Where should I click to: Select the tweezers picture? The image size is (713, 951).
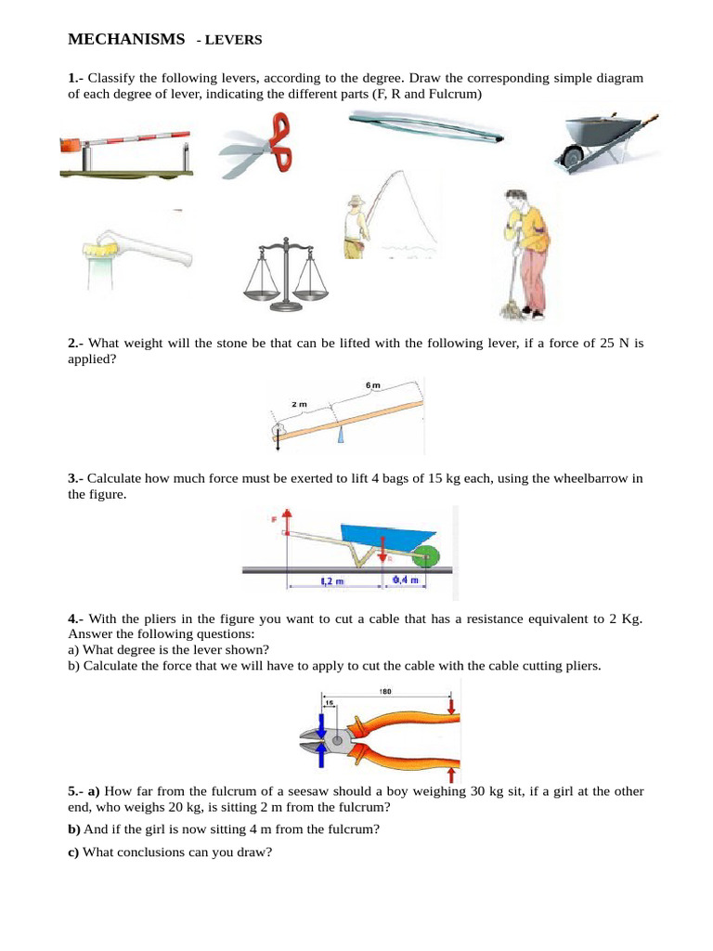(426, 128)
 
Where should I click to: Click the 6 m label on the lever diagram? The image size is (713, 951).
(372, 385)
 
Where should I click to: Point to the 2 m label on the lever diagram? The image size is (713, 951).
(299, 405)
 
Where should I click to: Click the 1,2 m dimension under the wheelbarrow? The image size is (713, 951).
(331, 581)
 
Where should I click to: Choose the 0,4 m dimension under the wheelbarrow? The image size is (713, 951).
(406, 580)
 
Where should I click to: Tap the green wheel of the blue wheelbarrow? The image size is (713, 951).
(426, 556)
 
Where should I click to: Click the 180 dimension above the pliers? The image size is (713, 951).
(387, 691)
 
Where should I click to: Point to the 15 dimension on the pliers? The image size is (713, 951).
(328, 703)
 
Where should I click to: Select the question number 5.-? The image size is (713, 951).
(75, 790)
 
